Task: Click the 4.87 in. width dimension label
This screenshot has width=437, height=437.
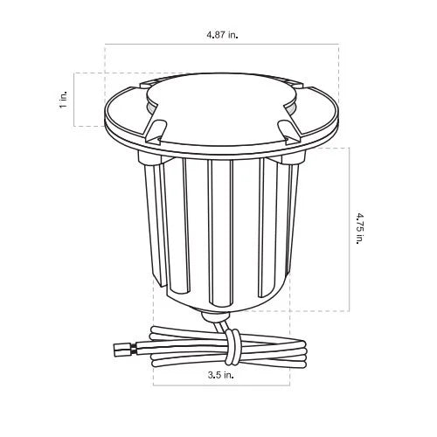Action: (x=222, y=35)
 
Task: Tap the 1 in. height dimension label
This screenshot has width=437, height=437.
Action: (x=63, y=99)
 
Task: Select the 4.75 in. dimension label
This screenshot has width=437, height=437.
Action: (x=360, y=229)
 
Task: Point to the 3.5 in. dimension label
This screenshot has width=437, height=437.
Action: (x=220, y=375)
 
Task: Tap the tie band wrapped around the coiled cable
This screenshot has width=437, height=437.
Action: (x=232, y=347)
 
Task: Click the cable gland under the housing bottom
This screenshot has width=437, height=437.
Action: (x=216, y=316)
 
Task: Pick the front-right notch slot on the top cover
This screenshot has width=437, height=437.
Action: (x=288, y=131)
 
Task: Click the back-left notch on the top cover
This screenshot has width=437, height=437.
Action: (x=148, y=82)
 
